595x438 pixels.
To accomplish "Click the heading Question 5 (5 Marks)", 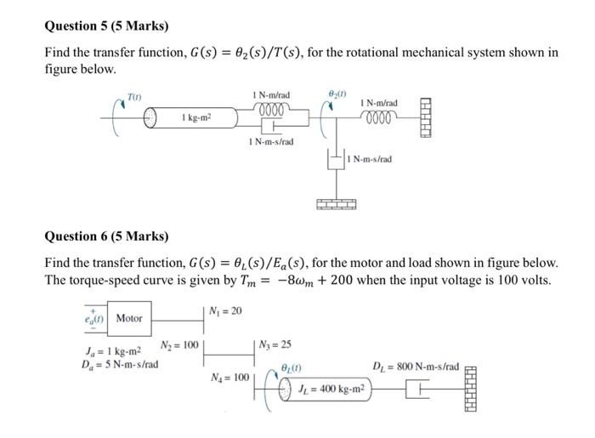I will [106, 26].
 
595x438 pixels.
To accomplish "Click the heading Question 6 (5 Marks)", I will [106, 236].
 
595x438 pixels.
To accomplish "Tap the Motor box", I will [129, 318].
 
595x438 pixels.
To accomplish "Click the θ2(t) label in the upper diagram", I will [337, 94].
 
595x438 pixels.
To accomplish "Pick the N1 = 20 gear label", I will [225, 310].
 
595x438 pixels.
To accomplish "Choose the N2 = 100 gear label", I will [179, 345].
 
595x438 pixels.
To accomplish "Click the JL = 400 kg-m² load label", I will [332, 389].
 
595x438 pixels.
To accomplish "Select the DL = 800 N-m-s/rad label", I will [416, 367].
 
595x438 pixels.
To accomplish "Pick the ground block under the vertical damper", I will [337, 204].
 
